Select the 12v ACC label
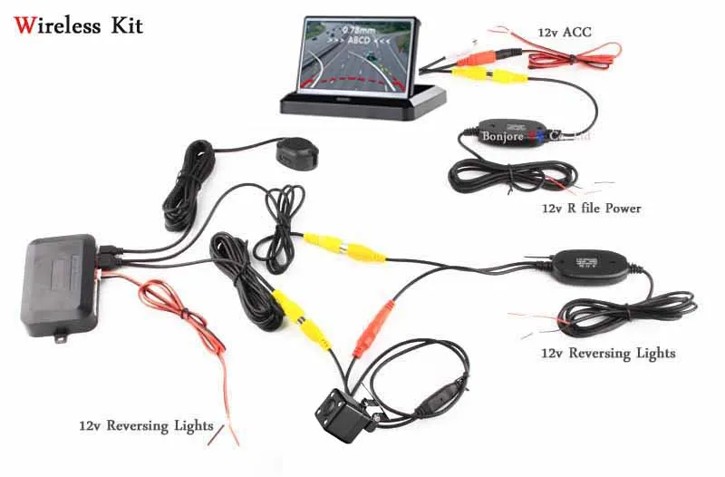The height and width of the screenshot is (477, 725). pyautogui.click(x=564, y=33)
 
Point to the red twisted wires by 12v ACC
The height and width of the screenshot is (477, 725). pyautogui.click(x=563, y=55)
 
